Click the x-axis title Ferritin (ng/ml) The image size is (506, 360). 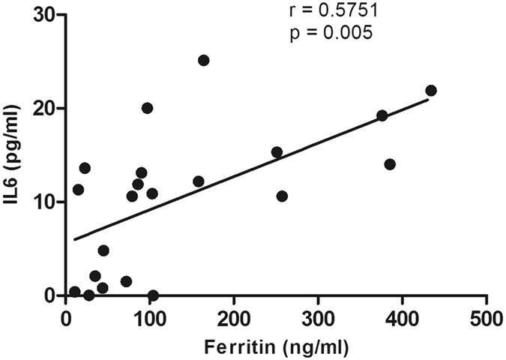pyautogui.click(x=275, y=347)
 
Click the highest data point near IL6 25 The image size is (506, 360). pyautogui.click(x=203, y=60)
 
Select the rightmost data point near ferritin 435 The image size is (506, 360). pyautogui.click(x=430, y=91)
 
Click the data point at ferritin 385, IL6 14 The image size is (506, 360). pyautogui.click(x=389, y=164)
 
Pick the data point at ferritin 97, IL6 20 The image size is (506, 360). pyautogui.click(x=147, y=108)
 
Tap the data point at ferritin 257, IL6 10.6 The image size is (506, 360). pyautogui.click(x=282, y=196)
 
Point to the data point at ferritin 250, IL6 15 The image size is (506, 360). pyautogui.click(x=277, y=152)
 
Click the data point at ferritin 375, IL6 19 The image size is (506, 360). pyautogui.click(x=382, y=115)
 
